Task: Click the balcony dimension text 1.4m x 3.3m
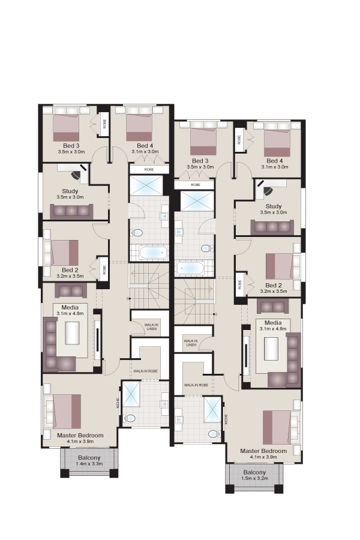[x=89, y=464]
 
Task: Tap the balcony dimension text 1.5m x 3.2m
[x=254, y=478]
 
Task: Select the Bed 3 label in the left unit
[x=71, y=146]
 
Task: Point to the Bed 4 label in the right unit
[x=275, y=161]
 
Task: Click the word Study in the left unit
[x=70, y=191]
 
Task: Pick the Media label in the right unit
[x=273, y=323]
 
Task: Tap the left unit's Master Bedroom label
[x=80, y=436]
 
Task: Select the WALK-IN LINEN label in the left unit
[x=151, y=327]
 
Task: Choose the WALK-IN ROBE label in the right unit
[x=196, y=385]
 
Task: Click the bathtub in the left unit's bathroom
[x=154, y=253]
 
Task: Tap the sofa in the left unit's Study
[x=71, y=211]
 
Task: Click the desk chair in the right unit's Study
[x=268, y=190]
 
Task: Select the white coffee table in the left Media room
[x=72, y=332]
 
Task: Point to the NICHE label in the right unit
[x=226, y=418]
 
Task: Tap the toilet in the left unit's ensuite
[x=130, y=418]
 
